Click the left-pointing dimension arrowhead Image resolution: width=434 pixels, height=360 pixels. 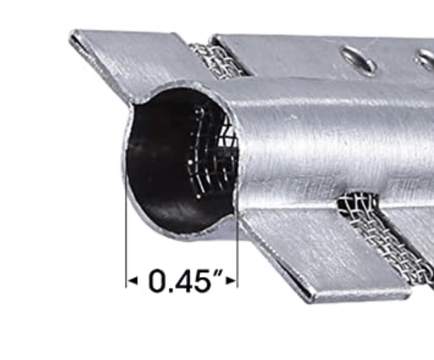133,281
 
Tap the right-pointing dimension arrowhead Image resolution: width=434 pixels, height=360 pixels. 231,281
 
